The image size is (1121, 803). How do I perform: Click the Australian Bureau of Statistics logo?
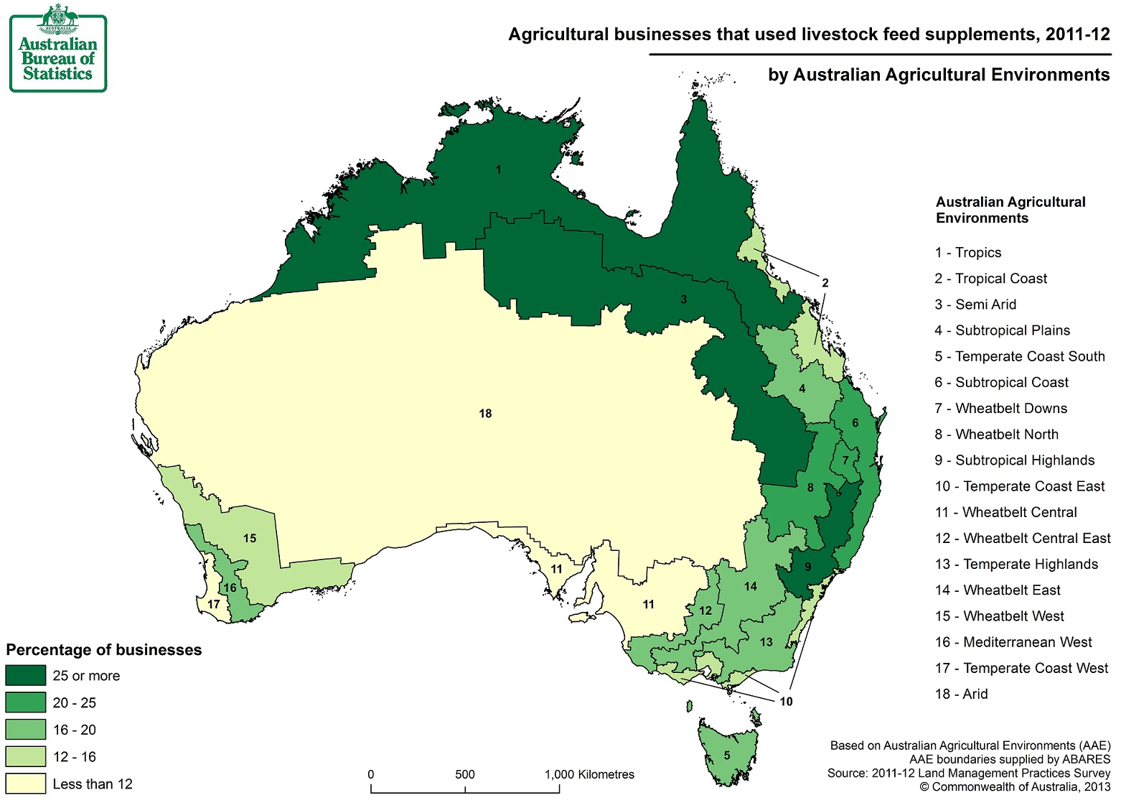57,49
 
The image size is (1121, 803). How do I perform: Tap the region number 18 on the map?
485,414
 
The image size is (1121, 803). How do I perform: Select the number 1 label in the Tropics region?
498,170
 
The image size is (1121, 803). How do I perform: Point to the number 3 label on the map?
683,299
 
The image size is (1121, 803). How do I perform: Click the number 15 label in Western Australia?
249,538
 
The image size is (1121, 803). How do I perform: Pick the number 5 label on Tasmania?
726,756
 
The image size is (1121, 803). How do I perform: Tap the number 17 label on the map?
213,604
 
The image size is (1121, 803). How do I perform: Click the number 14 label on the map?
750,586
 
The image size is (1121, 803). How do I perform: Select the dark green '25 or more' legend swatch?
26,676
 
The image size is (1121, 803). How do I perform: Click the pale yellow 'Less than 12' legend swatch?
26,784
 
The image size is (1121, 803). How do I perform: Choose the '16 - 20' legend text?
74,730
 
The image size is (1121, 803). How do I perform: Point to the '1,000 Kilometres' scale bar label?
589,774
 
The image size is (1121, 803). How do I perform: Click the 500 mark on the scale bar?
465,774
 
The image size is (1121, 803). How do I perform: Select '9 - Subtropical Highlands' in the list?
1014,460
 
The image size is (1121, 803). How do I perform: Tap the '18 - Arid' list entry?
961,694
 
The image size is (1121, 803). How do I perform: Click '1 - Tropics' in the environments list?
967,253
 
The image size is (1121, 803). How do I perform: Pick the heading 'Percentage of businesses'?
104,650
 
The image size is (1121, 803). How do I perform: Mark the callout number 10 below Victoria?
786,701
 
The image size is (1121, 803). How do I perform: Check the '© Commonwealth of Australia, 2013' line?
1015,787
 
